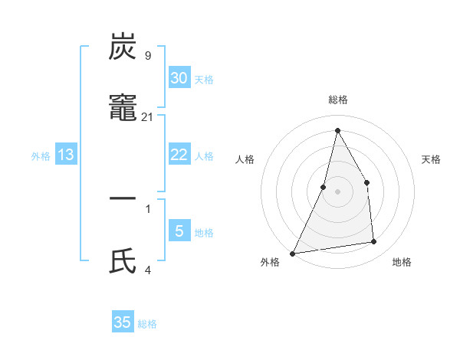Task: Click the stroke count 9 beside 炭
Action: click(x=148, y=55)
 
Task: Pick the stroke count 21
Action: click(x=148, y=116)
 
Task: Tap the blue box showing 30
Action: click(x=179, y=77)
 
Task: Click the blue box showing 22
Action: click(x=179, y=155)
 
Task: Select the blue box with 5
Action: click(x=179, y=231)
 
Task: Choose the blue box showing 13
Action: click(x=66, y=155)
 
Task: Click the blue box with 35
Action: click(x=123, y=322)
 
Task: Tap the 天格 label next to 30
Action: click(x=204, y=80)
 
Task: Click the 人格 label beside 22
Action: click(x=204, y=156)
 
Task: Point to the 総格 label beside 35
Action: click(x=147, y=324)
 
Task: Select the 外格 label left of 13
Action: click(x=41, y=156)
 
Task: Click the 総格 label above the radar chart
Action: click(x=337, y=100)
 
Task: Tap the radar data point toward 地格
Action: click(x=374, y=242)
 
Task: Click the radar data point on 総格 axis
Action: click(x=337, y=130)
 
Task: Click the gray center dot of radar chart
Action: click(x=337, y=191)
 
